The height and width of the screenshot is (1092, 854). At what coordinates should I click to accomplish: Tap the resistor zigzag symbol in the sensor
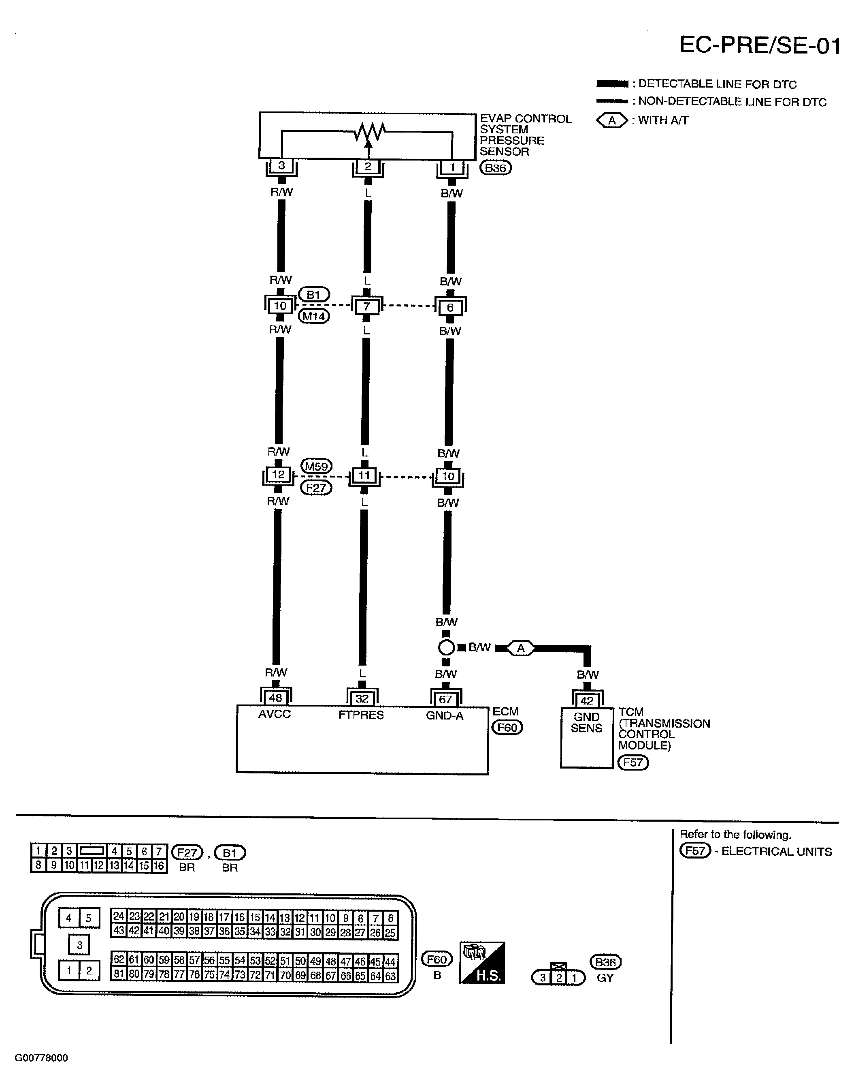(369, 132)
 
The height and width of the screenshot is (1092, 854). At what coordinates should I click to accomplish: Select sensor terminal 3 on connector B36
(281, 166)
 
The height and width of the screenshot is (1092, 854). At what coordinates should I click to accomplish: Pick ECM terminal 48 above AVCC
(275, 698)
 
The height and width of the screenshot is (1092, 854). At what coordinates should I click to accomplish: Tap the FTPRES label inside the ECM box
(361, 715)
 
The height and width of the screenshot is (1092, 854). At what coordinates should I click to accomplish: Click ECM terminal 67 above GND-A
(445, 699)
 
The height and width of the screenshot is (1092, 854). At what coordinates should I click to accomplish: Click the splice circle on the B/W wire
(446, 648)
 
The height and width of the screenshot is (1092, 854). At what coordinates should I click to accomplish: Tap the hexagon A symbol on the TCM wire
(520, 648)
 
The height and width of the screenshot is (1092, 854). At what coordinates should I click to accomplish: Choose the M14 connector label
(314, 316)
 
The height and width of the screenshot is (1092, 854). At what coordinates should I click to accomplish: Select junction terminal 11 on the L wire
(364, 475)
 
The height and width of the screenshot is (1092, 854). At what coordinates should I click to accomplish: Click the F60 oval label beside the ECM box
(507, 727)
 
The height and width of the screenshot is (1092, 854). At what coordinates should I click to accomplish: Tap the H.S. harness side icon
(482, 963)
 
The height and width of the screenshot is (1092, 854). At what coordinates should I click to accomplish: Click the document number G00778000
(41, 1058)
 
